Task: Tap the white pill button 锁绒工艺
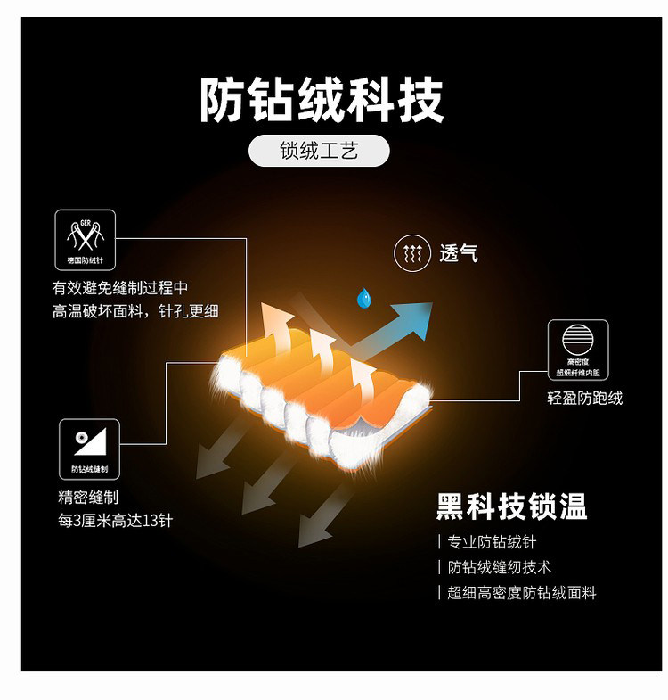click(x=319, y=151)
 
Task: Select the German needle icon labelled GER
click(x=86, y=234)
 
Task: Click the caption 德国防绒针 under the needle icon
click(x=86, y=262)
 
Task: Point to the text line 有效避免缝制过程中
click(x=120, y=288)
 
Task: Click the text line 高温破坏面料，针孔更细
click(x=135, y=311)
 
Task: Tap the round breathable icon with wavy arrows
click(x=411, y=254)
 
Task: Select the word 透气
click(x=459, y=254)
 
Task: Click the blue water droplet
click(x=363, y=297)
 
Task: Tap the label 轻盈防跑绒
click(x=584, y=398)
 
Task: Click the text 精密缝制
click(x=88, y=498)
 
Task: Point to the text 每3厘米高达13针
click(x=115, y=520)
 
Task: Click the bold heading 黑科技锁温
click(x=511, y=506)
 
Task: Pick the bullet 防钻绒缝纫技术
click(x=499, y=567)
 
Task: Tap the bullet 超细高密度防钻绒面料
click(x=521, y=592)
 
